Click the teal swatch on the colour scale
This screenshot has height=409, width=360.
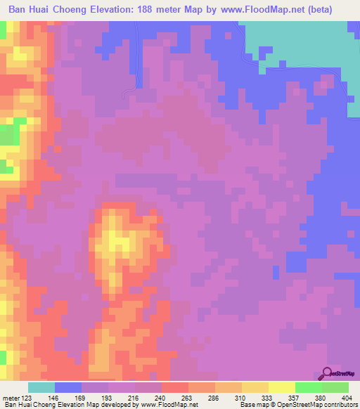(41, 387)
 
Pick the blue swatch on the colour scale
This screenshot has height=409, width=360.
(67, 387)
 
